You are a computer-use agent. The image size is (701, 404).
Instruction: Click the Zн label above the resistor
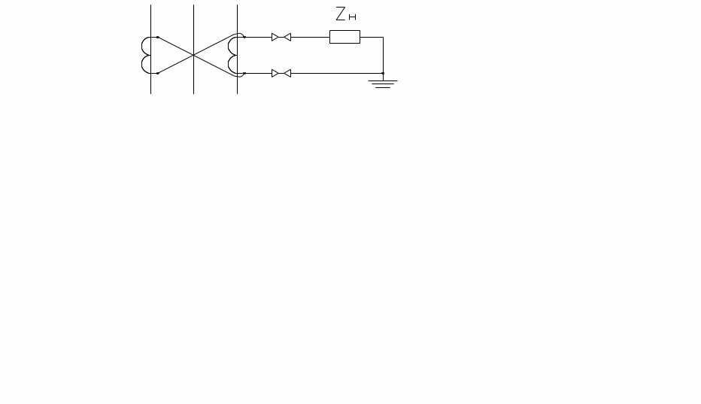(345, 14)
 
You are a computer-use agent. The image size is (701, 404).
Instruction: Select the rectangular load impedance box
(344, 37)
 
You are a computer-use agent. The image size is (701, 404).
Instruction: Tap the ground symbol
(383, 84)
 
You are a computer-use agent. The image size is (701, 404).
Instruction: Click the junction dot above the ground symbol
(383, 73)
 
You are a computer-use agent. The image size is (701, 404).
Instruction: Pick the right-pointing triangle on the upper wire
(275, 37)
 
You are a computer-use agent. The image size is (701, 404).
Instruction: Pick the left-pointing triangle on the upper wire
(287, 37)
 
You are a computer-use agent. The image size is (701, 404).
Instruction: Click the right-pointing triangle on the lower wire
(275, 74)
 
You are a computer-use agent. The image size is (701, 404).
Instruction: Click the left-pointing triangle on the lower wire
(287, 74)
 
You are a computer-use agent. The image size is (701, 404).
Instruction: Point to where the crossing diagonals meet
(193, 55)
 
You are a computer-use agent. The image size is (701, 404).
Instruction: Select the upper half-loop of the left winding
(142, 46)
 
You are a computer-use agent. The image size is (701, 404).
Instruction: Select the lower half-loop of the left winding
(142, 65)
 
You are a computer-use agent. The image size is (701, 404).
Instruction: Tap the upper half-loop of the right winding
(229, 46)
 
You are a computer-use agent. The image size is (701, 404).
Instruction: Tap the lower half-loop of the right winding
(229, 65)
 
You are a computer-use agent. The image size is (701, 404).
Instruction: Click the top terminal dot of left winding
(158, 37)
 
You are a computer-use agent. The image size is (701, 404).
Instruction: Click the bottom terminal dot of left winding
(158, 73)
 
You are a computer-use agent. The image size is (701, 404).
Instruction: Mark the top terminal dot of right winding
(244, 37)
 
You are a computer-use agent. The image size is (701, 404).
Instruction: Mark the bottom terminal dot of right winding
(244, 73)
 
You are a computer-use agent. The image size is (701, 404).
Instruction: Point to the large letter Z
(341, 14)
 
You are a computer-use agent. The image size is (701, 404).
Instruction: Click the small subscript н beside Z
(352, 17)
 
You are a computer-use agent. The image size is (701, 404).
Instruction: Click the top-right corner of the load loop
(383, 37)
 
